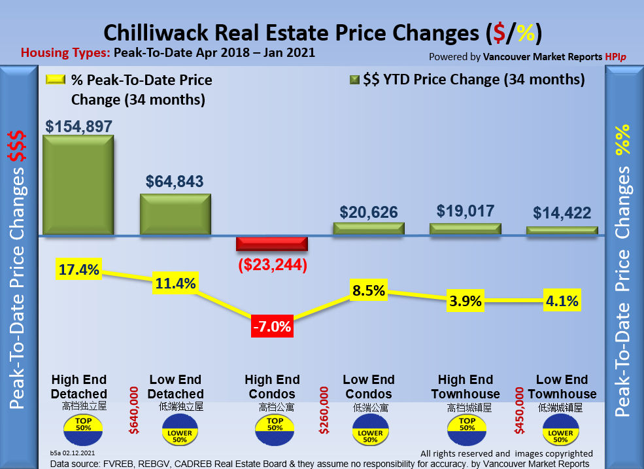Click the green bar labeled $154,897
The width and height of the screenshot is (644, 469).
tap(78, 184)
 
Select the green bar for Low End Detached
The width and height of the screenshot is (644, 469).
tap(175, 214)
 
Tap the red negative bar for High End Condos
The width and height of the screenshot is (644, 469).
tap(271, 244)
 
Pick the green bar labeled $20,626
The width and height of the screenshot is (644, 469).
tap(369, 228)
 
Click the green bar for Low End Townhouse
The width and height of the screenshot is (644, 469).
tap(562, 230)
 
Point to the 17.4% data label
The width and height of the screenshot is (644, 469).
tap(78, 269)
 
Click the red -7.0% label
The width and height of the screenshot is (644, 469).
tap(271, 326)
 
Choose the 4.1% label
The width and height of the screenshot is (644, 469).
tap(562, 302)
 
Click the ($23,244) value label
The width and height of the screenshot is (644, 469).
tap(271, 266)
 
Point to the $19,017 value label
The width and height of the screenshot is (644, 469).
tap(466, 211)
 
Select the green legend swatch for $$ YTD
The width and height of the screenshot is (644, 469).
tap(354, 80)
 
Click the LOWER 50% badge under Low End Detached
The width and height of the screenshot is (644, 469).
tap(178, 434)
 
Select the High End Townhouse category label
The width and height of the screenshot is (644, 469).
tap(466, 387)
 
